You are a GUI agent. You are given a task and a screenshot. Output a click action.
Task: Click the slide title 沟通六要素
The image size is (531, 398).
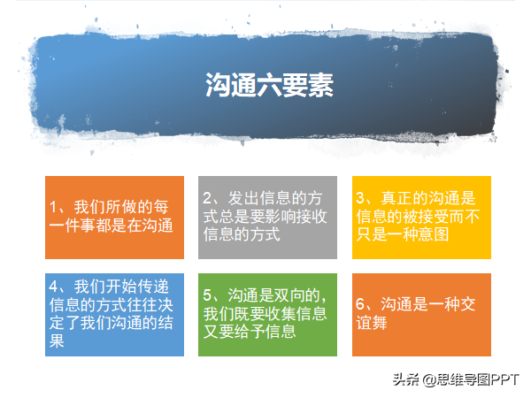[269, 85]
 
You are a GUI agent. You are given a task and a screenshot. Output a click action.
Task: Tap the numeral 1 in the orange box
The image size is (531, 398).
[53, 207]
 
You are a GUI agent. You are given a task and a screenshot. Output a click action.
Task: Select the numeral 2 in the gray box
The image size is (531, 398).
[207, 198]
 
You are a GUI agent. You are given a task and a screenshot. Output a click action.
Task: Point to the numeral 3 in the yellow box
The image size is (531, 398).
[360, 198]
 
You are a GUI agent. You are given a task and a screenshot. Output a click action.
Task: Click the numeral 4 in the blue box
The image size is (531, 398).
[53, 287]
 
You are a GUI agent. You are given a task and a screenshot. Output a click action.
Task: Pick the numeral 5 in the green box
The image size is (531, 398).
[207, 295]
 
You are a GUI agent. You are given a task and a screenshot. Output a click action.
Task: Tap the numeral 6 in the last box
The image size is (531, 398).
[360, 304]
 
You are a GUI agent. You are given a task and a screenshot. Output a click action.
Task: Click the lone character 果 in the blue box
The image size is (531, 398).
[57, 341]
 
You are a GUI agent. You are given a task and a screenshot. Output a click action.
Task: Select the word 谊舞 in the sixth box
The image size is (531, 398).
[372, 323]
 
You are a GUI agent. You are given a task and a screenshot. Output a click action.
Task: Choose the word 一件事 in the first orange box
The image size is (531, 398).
[73, 226]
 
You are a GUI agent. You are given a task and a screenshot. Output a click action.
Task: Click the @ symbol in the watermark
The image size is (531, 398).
[428, 379]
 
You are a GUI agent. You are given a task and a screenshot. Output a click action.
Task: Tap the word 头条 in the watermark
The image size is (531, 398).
[406, 379]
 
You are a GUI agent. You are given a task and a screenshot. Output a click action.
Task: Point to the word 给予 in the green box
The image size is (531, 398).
[250, 332]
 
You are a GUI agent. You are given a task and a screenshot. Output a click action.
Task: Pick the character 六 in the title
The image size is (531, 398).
[269, 85]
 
